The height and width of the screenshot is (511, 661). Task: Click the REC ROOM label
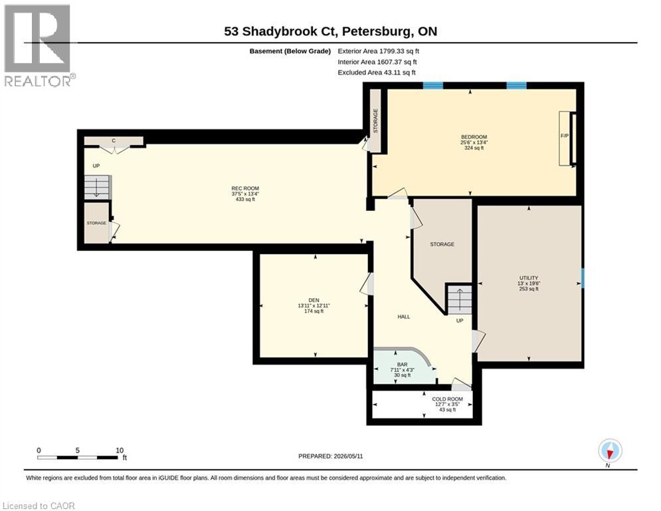245,188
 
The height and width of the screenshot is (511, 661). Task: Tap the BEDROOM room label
474,137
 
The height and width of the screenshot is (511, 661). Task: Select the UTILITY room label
529,278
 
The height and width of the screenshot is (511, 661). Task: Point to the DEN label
314,300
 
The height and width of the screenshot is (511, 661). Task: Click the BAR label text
402,365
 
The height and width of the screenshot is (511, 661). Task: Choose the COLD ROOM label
447,399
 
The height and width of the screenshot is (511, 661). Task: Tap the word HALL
403,317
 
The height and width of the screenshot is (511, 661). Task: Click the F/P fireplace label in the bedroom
565,136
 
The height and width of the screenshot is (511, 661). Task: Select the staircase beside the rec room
97,187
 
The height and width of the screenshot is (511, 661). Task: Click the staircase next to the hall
460,299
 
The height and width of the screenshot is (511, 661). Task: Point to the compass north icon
610,450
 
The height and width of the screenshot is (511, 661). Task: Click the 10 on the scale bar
120,450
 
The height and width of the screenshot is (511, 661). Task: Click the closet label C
114,140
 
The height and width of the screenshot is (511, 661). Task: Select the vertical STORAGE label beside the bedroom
375,121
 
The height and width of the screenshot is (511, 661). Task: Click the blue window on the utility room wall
583,278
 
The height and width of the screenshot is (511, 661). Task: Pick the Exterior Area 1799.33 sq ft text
378,51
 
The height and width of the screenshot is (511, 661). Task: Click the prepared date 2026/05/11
348,456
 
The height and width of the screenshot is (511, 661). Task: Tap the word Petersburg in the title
377,32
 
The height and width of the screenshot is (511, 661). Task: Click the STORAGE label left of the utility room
442,244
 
